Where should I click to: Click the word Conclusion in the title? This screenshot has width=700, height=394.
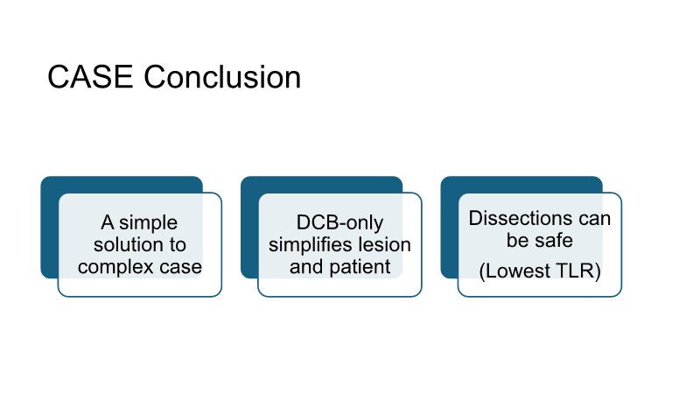click(222, 78)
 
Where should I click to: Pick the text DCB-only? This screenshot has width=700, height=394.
click(339, 223)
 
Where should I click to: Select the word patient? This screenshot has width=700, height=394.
click(359, 266)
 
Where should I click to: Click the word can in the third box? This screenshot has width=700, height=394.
click(594, 219)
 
